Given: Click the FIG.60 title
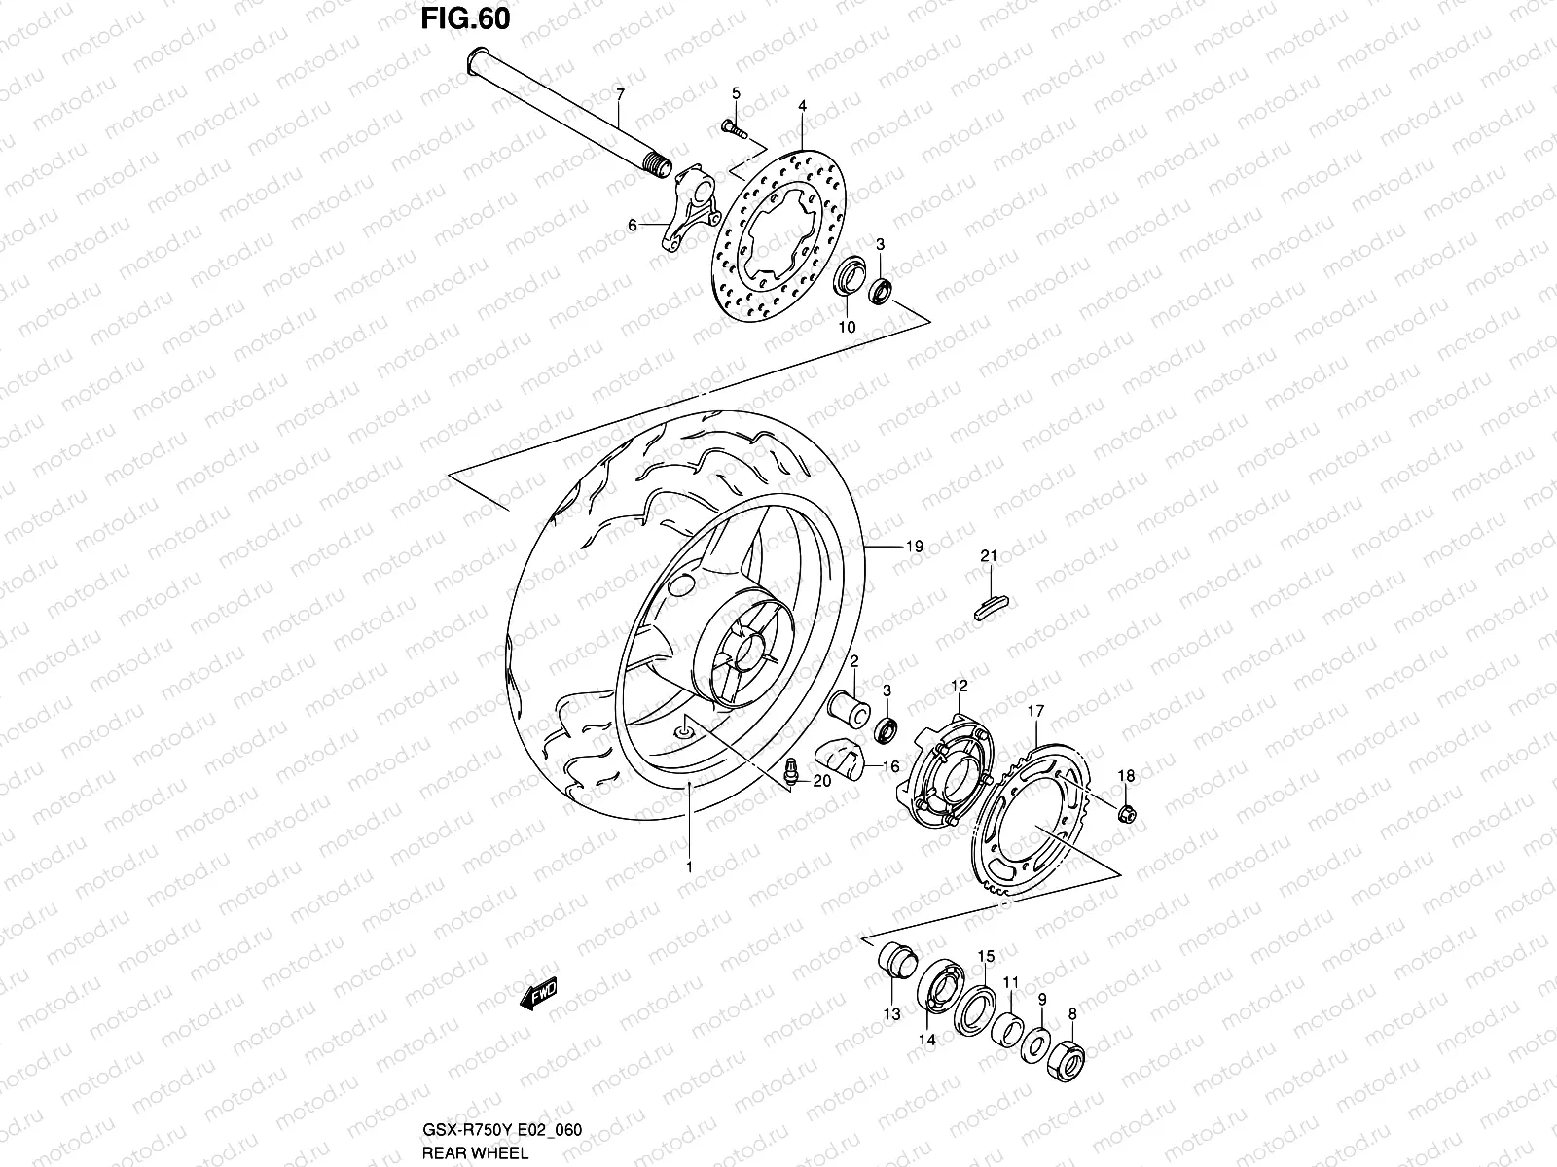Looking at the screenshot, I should tap(465, 19).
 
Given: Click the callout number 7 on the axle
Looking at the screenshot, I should tap(619, 94).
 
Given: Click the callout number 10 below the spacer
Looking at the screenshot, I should tap(847, 328).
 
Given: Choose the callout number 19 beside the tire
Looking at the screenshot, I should tap(914, 548).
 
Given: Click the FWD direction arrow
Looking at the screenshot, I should tap(536, 994).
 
